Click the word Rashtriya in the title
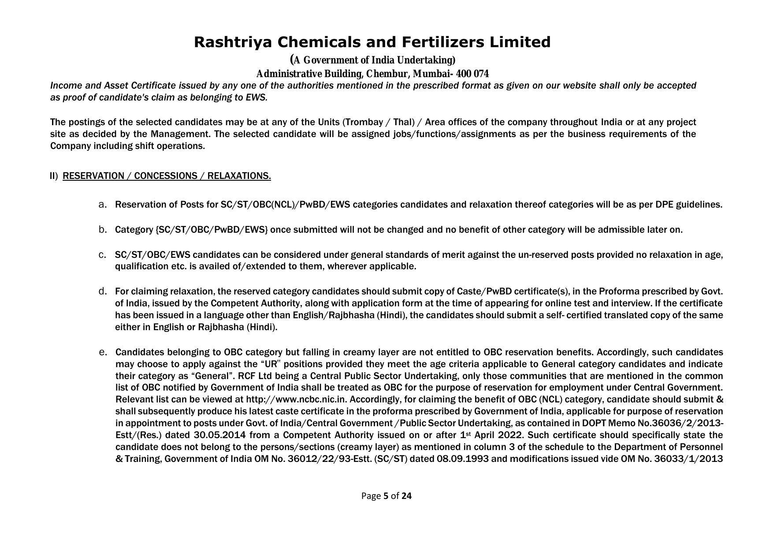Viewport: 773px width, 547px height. [234, 42]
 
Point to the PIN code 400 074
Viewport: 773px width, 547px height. [472, 74]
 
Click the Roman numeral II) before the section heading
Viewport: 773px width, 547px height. [54, 176]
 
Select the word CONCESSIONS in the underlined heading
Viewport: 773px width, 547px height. [165, 176]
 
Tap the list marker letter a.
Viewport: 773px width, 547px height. [103, 205]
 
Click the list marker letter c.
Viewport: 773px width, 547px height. [103, 255]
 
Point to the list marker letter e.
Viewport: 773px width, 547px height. [103, 352]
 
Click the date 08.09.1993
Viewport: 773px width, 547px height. [462, 459]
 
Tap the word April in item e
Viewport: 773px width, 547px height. [483, 435]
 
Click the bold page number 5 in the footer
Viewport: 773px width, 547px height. [386, 496]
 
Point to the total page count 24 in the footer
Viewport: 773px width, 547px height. [406, 496]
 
